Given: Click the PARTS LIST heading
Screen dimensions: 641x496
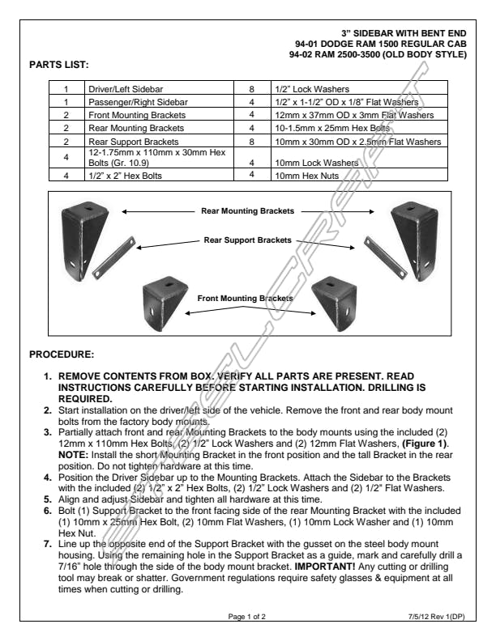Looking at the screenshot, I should pos(58,63).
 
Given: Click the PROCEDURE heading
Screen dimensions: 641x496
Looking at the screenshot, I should pos(62,354).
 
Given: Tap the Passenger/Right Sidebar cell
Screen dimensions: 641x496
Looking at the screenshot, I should pos(130,104).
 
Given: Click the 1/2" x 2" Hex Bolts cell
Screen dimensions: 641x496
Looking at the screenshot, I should pos(119,174).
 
